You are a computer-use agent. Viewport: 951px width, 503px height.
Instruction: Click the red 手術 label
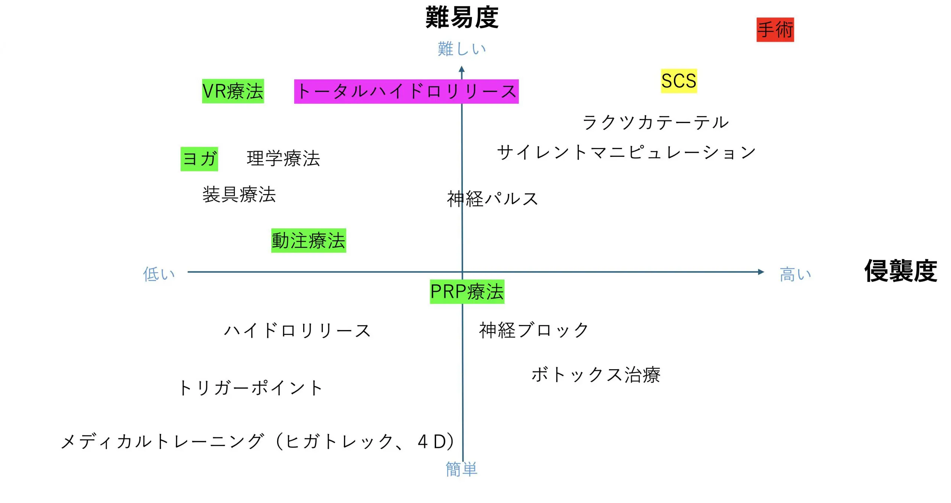click(775, 30)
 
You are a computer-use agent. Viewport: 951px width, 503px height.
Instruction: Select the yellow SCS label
click(679, 81)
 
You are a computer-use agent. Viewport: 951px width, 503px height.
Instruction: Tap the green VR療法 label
click(233, 91)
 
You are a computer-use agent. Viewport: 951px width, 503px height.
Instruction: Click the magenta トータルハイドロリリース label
click(406, 91)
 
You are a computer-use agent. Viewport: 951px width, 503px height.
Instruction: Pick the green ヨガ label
click(199, 159)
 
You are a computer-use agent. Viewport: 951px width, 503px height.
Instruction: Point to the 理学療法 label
click(283, 158)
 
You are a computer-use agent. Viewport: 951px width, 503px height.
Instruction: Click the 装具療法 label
click(239, 194)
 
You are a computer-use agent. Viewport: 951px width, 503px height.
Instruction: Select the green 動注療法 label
click(308, 241)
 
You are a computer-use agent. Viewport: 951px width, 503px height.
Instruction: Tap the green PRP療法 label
click(467, 291)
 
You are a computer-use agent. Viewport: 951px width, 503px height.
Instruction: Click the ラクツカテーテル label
click(656, 122)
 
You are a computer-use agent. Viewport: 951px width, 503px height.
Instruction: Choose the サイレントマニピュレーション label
click(626, 152)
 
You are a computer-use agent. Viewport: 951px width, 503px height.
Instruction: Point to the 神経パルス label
click(493, 199)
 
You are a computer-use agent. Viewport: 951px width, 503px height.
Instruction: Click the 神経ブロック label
click(534, 330)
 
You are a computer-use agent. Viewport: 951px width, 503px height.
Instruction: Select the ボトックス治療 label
click(596, 374)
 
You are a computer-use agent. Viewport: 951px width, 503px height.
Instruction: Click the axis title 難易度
click(462, 17)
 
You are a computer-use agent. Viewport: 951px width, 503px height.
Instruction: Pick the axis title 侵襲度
click(900, 271)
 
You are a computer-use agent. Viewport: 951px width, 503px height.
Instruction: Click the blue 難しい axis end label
click(462, 49)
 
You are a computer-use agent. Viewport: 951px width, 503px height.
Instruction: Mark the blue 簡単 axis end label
click(461, 469)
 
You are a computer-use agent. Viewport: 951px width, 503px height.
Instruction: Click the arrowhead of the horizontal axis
click(761, 272)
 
